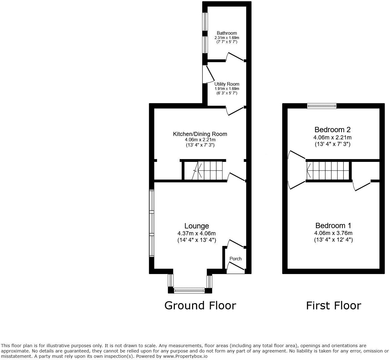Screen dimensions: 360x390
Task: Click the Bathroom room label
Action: tap(227, 33)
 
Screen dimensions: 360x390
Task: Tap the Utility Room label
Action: tap(227, 84)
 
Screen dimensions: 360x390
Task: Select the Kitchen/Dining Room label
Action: tap(200, 134)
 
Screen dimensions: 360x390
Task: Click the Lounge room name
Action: tap(197, 226)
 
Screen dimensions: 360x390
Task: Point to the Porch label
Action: tap(235, 259)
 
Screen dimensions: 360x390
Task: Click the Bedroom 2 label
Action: tap(332, 130)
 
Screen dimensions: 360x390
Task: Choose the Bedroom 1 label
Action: tap(333, 226)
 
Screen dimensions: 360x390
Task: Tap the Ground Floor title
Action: tap(200, 305)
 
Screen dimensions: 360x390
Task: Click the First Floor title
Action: tap(333, 305)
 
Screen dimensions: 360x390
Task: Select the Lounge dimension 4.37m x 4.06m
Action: tap(197, 233)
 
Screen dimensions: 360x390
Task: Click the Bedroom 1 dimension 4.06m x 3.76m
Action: tap(333, 233)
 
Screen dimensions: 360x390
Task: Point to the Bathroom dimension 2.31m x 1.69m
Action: tap(227, 38)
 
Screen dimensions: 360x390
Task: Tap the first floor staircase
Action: tap(328, 171)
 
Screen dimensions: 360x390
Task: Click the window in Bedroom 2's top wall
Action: tap(322, 106)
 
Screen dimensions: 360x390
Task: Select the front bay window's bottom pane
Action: tap(189, 291)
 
